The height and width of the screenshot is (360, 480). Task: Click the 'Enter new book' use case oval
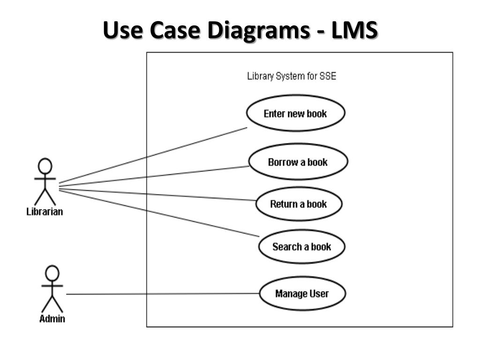[x=295, y=113]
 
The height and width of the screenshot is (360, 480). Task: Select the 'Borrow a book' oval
[x=298, y=162]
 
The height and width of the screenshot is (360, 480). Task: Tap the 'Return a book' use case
[x=299, y=204]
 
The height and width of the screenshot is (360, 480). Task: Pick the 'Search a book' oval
[x=301, y=247]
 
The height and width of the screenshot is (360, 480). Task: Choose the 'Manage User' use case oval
[x=302, y=294]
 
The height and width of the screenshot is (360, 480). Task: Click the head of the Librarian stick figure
[x=45, y=166]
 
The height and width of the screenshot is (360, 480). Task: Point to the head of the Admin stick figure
[x=52, y=273]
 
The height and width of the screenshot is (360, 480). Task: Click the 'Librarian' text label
[x=45, y=211]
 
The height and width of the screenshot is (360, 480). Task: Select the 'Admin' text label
[x=52, y=319]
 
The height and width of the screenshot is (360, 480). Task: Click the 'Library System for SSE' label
[x=291, y=76]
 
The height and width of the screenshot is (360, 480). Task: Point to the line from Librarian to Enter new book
[x=155, y=155]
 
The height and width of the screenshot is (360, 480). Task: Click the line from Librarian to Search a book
[x=159, y=213]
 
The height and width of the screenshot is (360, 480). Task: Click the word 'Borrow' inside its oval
[x=283, y=162]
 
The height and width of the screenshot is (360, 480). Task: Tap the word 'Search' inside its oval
[x=287, y=247]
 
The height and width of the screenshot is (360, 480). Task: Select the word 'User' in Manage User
[x=319, y=294]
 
